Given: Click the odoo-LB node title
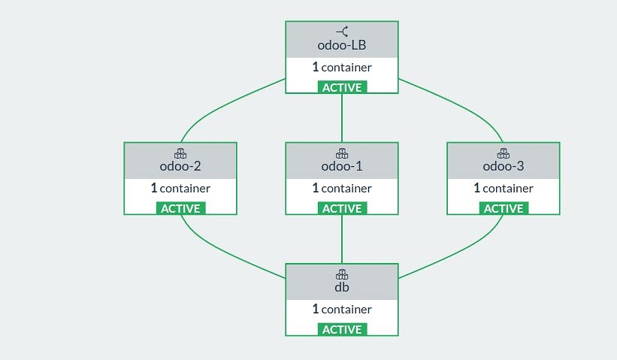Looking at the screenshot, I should [342, 44].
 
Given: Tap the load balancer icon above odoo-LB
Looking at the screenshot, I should [342, 31].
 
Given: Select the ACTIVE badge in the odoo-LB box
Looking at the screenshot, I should [342, 87].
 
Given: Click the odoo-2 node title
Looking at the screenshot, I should [180, 166].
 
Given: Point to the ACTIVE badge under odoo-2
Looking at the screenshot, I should [180, 208].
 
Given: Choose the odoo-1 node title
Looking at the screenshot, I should [342, 166].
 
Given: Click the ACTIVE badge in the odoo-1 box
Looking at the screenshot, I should [342, 208].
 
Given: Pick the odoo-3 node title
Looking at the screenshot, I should [504, 166].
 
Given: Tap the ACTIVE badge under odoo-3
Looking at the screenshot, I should [504, 208].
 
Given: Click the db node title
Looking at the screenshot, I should [342, 287].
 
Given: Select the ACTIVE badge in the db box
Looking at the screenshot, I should [342, 329].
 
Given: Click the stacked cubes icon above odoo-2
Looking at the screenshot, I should [180, 153].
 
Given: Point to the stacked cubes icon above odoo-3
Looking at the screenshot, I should [504, 153].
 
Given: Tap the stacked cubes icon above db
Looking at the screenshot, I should [342, 274].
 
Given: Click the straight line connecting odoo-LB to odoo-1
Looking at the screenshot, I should [342, 118].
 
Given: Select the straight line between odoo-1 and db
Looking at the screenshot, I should [342, 239].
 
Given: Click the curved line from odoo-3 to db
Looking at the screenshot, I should [458, 256].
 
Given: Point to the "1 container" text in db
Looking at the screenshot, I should [342, 309].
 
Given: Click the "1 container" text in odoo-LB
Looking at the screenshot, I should [342, 67].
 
